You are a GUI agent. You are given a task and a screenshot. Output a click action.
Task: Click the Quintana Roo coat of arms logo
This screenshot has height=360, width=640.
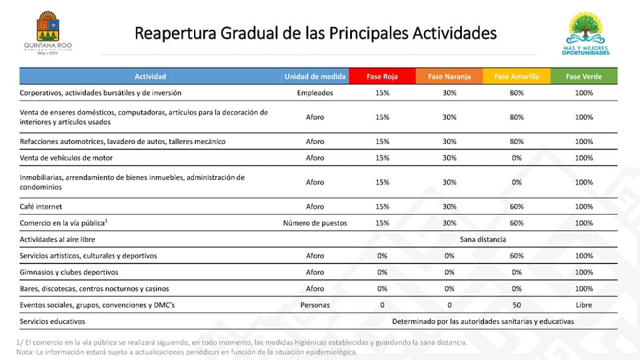click(48, 26)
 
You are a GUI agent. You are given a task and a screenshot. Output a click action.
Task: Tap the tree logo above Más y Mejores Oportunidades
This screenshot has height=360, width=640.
click(586, 28)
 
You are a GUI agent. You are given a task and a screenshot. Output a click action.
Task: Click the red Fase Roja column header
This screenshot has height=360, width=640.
click(382, 76)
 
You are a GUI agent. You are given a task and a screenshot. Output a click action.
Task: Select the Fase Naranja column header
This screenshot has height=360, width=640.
click(449, 76)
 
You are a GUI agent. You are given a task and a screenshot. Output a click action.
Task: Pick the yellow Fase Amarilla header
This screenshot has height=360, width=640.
click(517, 76)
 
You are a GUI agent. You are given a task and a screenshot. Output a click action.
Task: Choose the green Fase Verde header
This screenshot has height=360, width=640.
click(584, 76)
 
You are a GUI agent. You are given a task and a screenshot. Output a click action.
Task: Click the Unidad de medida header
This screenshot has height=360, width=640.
click(315, 76)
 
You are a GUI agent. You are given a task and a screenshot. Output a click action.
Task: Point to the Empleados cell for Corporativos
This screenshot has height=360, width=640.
click(315, 93)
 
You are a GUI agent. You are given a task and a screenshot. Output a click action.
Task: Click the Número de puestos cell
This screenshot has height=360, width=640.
click(315, 223)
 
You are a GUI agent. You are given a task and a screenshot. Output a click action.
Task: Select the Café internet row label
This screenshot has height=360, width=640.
click(41, 207)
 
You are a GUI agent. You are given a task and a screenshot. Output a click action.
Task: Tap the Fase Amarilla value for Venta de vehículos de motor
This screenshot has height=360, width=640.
click(517, 158)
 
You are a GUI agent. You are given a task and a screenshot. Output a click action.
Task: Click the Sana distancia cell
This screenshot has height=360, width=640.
click(483, 239)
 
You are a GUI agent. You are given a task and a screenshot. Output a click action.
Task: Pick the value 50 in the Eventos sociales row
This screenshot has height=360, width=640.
click(517, 305)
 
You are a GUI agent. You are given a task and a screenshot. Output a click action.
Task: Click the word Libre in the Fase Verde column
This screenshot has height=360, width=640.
click(584, 305)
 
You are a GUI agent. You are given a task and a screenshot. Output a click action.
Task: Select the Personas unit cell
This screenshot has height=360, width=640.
click(315, 305)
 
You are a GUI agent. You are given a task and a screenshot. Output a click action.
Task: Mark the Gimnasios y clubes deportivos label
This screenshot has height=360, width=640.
click(69, 272)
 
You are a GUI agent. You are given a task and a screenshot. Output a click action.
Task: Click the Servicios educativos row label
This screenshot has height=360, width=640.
click(52, 321)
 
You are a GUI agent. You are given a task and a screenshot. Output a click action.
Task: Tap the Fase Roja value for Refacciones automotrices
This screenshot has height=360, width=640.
click(383, 141)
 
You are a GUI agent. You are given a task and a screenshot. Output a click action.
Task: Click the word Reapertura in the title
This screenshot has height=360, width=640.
click(175, 33)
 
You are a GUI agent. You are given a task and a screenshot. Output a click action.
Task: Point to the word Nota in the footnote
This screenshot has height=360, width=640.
click(24, 352)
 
